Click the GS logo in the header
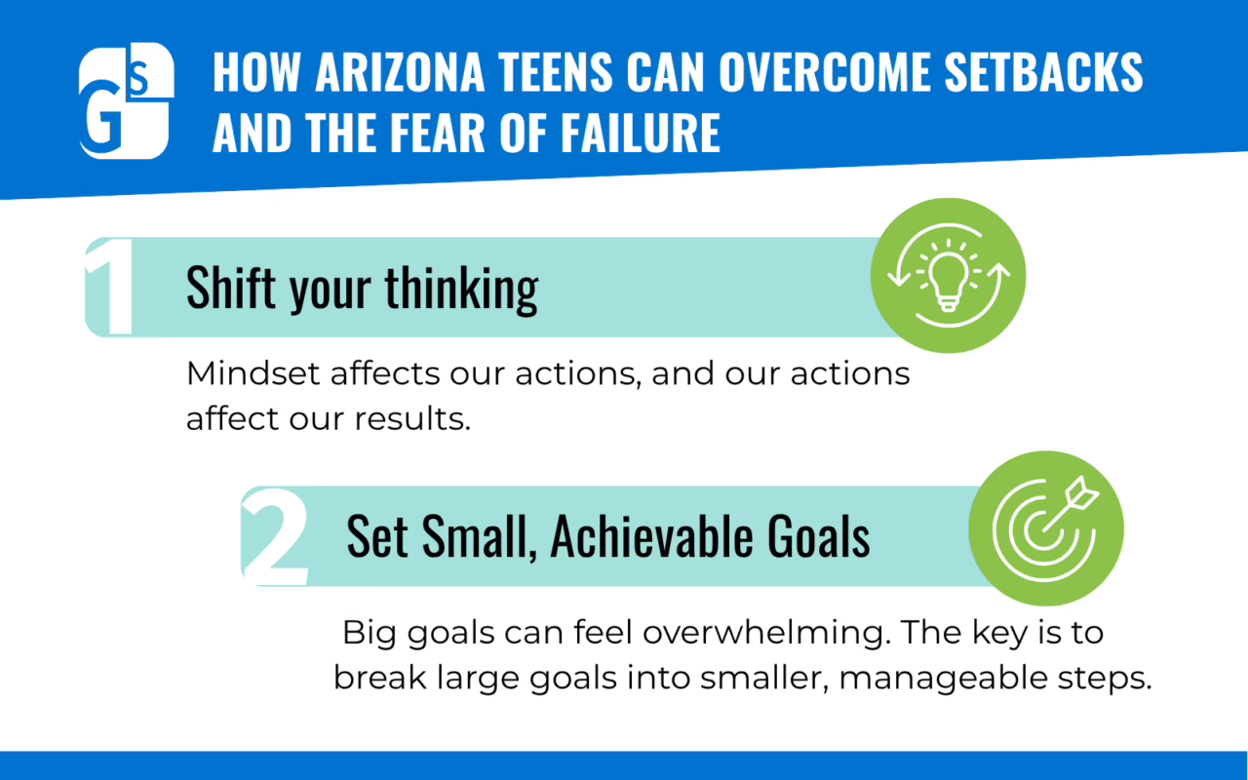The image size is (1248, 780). click(127, 100)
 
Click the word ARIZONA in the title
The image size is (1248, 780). click(400, 72)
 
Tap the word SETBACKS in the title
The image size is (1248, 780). click(1043, 72)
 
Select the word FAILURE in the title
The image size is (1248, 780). click(641, 132)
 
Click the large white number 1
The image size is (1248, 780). click(109, 287)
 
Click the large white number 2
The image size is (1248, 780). click(275, 536)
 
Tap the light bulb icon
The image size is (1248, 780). click(949, 276)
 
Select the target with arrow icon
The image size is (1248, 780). click(1046, 528)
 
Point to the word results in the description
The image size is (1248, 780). click(412, 419)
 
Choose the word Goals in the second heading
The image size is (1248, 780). click(818, 536)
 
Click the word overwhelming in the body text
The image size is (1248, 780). click(763, 634)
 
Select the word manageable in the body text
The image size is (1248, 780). click(943, 680)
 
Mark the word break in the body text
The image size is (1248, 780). click(380, 678)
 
